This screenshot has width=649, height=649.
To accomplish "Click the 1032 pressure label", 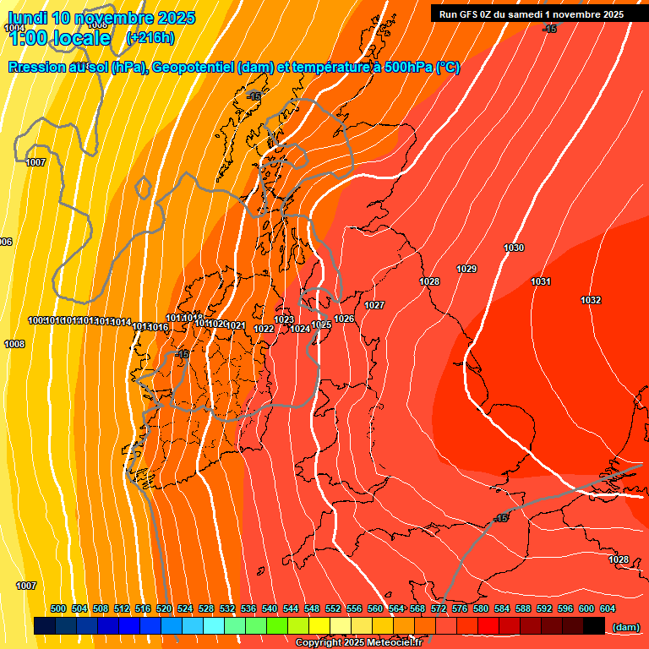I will point(591,301).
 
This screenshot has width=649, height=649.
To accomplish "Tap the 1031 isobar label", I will point(541,281).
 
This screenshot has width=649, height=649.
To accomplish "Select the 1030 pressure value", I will point(514,248).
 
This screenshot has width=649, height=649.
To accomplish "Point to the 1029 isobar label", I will point(466,269).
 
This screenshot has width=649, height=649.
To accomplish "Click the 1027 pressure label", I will point(374,305).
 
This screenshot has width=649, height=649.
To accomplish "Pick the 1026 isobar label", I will point(344,319).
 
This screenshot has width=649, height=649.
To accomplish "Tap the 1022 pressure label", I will point(264,329).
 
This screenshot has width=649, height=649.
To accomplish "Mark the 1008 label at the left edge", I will point(14,344).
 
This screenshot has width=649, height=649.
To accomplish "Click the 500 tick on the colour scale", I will point(58,608).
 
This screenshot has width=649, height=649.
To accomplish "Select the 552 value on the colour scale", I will point(333,608).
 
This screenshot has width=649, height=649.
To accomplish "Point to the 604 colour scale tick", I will point(608,608).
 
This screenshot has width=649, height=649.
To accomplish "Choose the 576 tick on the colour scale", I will point(460,608).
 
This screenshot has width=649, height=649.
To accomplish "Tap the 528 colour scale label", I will point(206,608).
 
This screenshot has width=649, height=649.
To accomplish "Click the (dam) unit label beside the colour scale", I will point(625,626).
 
